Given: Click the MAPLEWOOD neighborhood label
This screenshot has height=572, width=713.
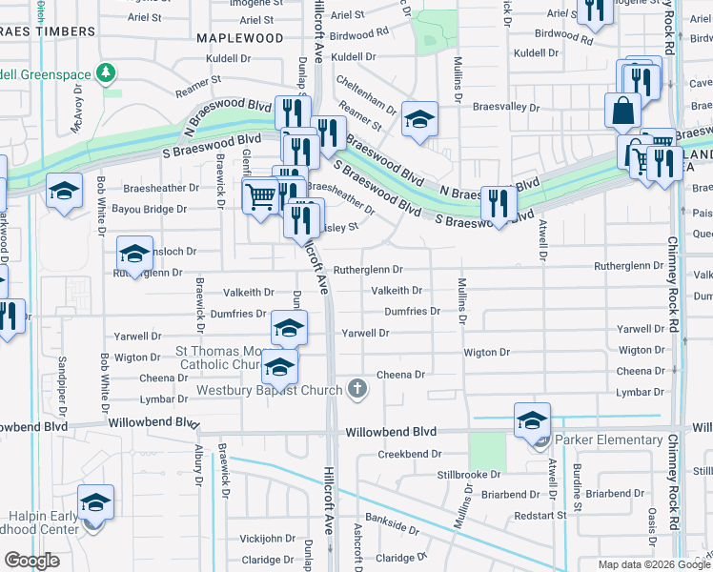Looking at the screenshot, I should pos(239,38).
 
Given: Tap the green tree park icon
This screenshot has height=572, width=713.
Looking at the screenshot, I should pos(107,72).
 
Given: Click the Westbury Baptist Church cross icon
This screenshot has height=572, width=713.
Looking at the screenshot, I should pos(357,388).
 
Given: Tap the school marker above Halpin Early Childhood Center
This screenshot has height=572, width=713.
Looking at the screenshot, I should pos(95,502).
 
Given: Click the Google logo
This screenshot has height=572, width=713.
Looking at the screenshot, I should pos(32,561).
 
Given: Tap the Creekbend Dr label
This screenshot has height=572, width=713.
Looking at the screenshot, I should pos(405,455).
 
